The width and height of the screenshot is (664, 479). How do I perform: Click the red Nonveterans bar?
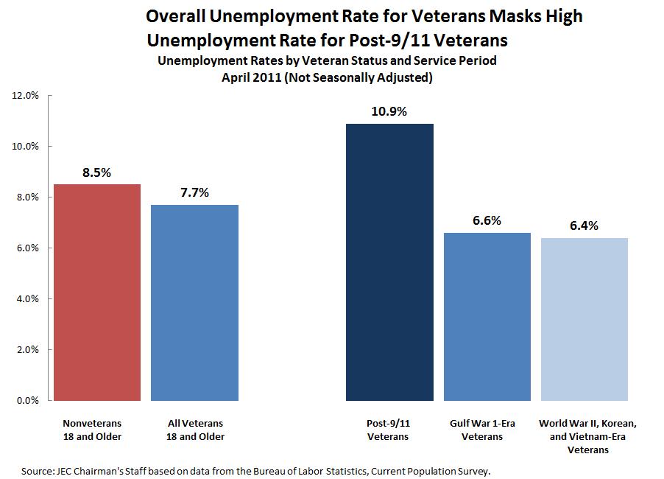pos(96,292)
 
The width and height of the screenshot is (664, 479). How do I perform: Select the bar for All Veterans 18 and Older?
pos(194,302)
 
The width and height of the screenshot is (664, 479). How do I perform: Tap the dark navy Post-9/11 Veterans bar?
pos(389,262)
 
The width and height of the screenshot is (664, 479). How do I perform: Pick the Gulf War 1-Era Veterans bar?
pos(487,316)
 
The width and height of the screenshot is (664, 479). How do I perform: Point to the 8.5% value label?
pos(96,172)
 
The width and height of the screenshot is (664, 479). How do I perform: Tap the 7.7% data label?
pos(194,192)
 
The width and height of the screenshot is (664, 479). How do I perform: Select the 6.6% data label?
pos(487,220)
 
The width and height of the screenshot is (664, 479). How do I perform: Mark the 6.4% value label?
pos(584,225)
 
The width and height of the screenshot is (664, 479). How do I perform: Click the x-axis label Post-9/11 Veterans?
pos(389,430)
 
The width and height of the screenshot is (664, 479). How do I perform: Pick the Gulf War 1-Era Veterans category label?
pos(487,430)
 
